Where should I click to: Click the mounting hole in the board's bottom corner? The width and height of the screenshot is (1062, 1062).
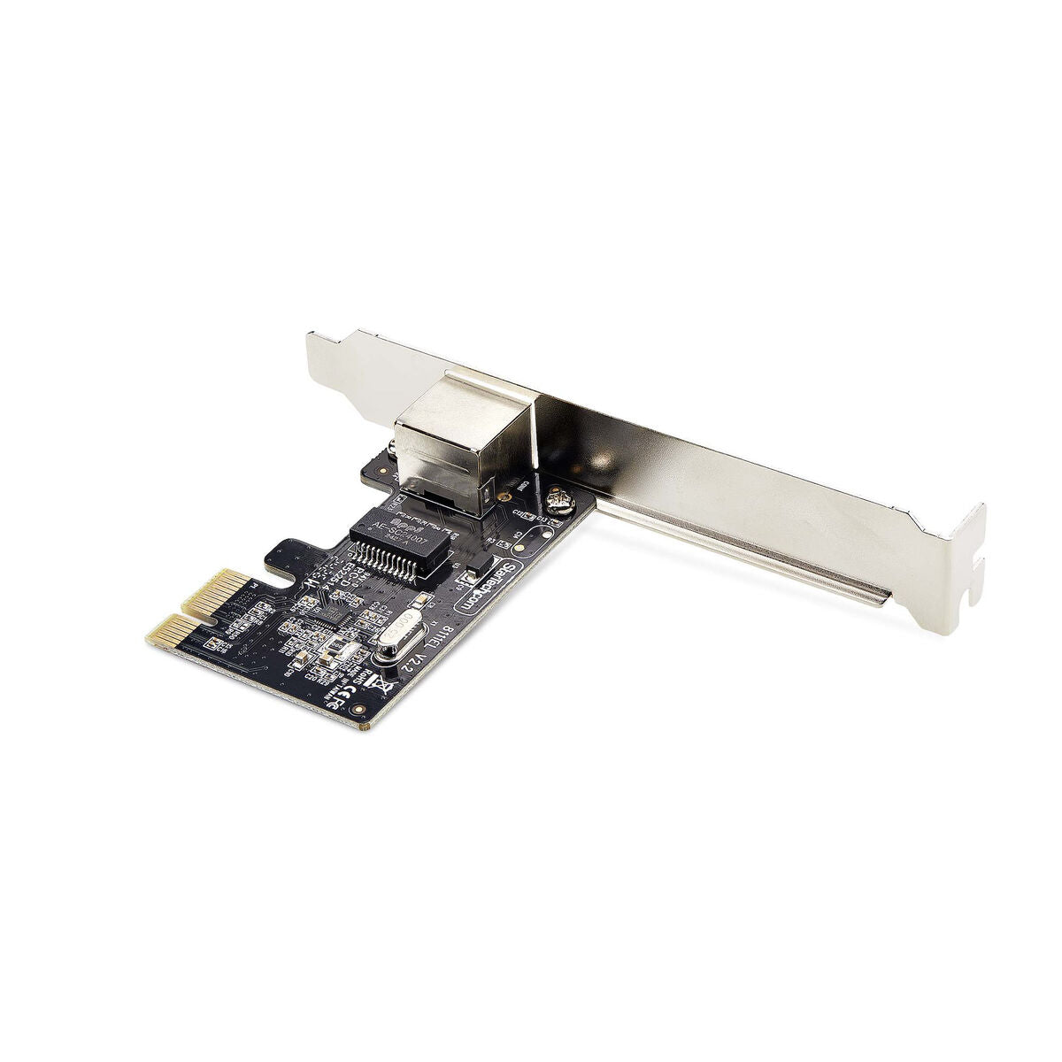pos(357,711)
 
